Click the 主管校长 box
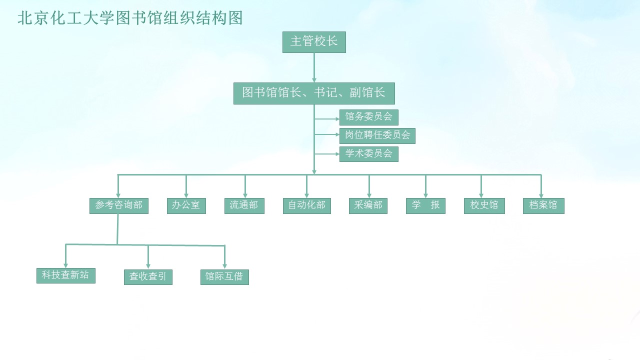click(314, 42)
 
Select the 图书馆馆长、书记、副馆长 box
click(314, 93)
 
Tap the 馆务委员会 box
click(369, 117)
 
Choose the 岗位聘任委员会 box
click(377, 136)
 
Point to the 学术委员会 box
click(369, 154)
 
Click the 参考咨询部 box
click(119, 206)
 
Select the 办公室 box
click(186, 206)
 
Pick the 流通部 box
click(244, 206)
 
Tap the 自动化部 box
click(307, 206)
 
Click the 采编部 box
click(368, 206)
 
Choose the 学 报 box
click(425, 206)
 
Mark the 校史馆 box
click(484, 206)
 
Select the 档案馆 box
click(543, 206)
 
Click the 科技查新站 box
click(66, 275)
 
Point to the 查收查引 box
click(148, 277)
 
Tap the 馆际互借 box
click(224, 277)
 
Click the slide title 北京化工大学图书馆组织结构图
click(130, 18)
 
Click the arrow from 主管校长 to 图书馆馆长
click(314, 67)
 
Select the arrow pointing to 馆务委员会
click(327, 119)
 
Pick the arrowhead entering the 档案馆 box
click(541, 194)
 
